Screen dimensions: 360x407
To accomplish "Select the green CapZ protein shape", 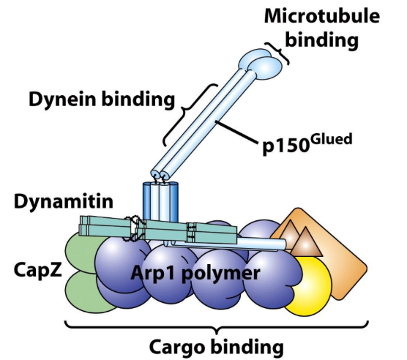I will click(x=80, y=267).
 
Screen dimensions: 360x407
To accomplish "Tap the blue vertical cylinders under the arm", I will click(x=160, y=203).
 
